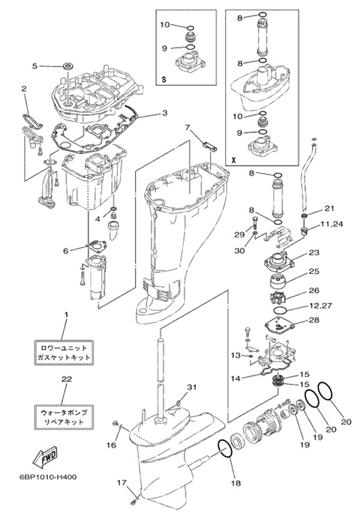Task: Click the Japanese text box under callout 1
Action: [63, 352]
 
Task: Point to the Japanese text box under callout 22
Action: [63, 417]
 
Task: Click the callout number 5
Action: [35, 65]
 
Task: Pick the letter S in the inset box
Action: [164, 79]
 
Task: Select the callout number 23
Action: [314, 253]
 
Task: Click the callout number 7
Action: [187, 127]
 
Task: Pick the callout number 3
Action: [164, 112]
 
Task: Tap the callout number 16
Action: [110, 445]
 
